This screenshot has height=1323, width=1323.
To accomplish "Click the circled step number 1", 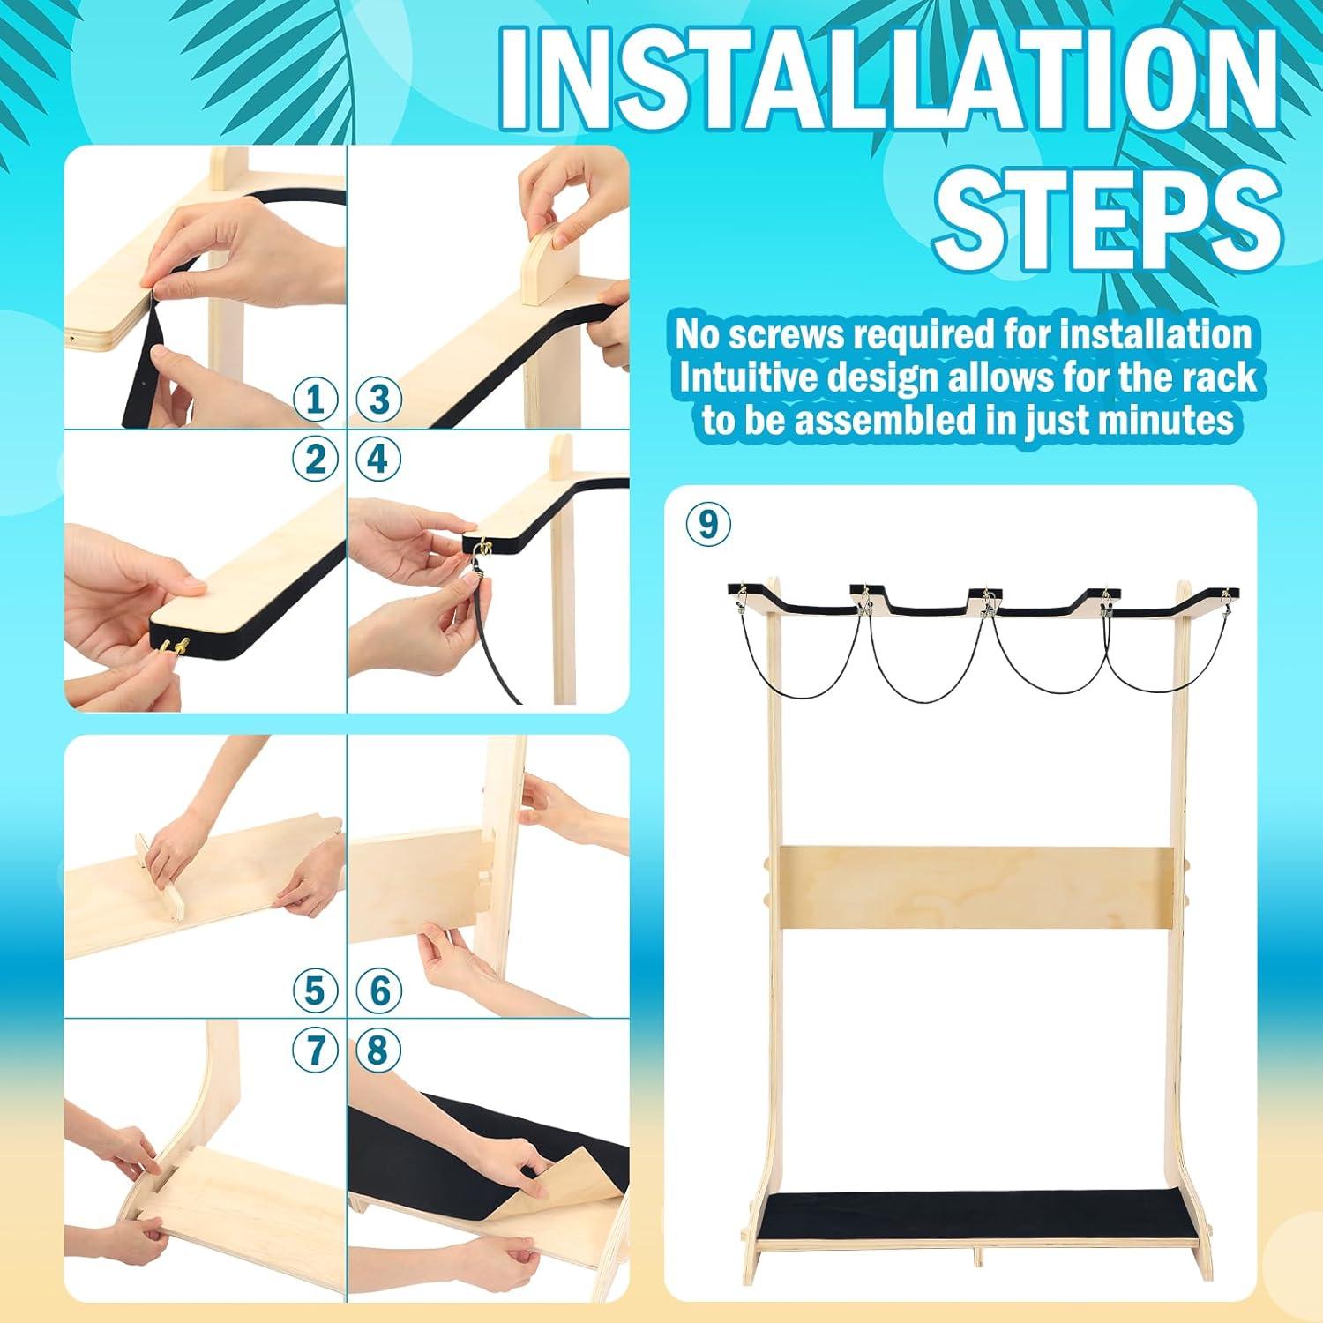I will click(315, 399).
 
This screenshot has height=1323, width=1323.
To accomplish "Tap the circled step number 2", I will click(315, 459).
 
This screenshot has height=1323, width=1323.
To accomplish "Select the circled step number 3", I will click(379, 399).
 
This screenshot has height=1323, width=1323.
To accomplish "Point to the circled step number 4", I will click(379, 459).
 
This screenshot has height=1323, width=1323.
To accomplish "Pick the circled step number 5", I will click(315, 990).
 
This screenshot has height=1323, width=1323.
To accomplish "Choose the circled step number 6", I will click(379, 990).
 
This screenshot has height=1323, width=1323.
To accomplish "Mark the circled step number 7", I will click(315, 1050).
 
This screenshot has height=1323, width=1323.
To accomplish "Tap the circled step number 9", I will click(708, 524).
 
